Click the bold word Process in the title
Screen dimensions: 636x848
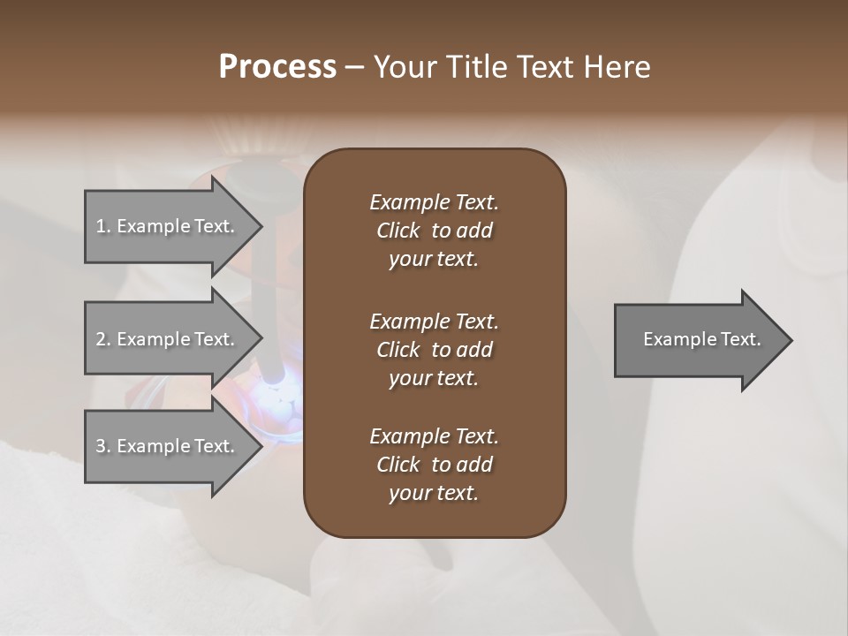277,67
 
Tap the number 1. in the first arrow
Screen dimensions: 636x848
103,226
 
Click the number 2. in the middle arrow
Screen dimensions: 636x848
103,339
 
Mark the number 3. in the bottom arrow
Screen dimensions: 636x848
103,446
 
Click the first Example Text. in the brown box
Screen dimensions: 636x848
434,202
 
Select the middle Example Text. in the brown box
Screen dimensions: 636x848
434,321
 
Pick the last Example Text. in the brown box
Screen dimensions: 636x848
434,436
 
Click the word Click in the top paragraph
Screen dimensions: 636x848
397,231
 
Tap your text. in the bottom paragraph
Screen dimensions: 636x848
434,494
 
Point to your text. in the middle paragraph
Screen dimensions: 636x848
434,378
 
